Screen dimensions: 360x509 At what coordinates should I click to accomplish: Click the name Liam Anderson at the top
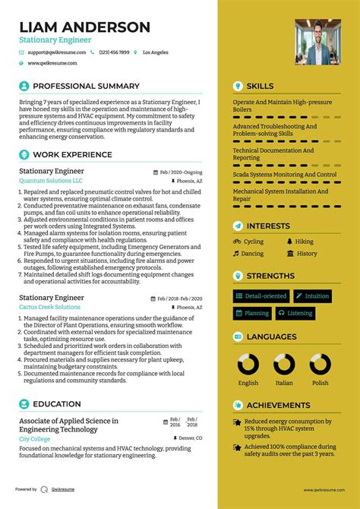84,27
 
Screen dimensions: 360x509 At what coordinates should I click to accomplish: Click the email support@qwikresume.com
54,53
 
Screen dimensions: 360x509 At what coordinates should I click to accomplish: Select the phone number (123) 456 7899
113,53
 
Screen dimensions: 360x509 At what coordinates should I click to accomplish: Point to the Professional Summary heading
86,87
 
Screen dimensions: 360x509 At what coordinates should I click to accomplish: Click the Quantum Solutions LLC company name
51,182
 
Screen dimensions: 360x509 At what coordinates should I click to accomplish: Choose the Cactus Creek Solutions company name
49,308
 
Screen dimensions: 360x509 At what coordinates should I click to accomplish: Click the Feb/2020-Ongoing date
182,172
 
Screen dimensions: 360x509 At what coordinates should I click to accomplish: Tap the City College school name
35,439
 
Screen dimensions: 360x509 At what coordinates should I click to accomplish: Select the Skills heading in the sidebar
260,87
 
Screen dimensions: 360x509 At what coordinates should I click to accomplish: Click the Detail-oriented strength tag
261,296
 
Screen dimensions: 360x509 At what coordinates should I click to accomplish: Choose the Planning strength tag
252,313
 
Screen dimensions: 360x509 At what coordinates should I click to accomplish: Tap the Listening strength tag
295,313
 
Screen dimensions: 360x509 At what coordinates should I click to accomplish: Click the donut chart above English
248,364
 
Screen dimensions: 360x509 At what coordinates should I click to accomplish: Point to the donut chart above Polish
320,364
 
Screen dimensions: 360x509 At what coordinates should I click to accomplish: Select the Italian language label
284,383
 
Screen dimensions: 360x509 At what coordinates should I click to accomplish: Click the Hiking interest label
304,242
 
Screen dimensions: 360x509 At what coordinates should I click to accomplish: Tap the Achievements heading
278,406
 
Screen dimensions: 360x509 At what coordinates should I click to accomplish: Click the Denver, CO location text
188,438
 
